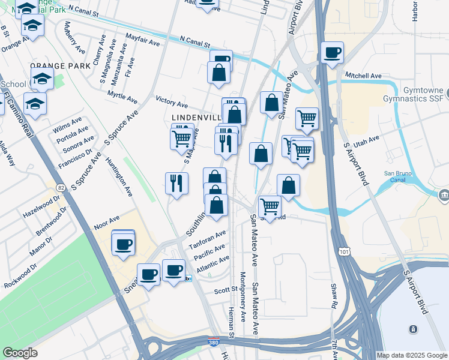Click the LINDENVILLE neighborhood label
pyautogui.click(x=195, y=118)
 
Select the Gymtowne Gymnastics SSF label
pyautogui.click(x=414, y=94)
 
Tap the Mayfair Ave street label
pyautogui.click(x=143, y=40)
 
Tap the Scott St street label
pyautogui.click(x=226, y=290)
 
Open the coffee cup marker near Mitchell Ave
pyautogui.click(x=331, y=53)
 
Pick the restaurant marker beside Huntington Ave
pyautogui.click(x=176, y=183)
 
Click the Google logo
pyautogui.click(x=20, y=353)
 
